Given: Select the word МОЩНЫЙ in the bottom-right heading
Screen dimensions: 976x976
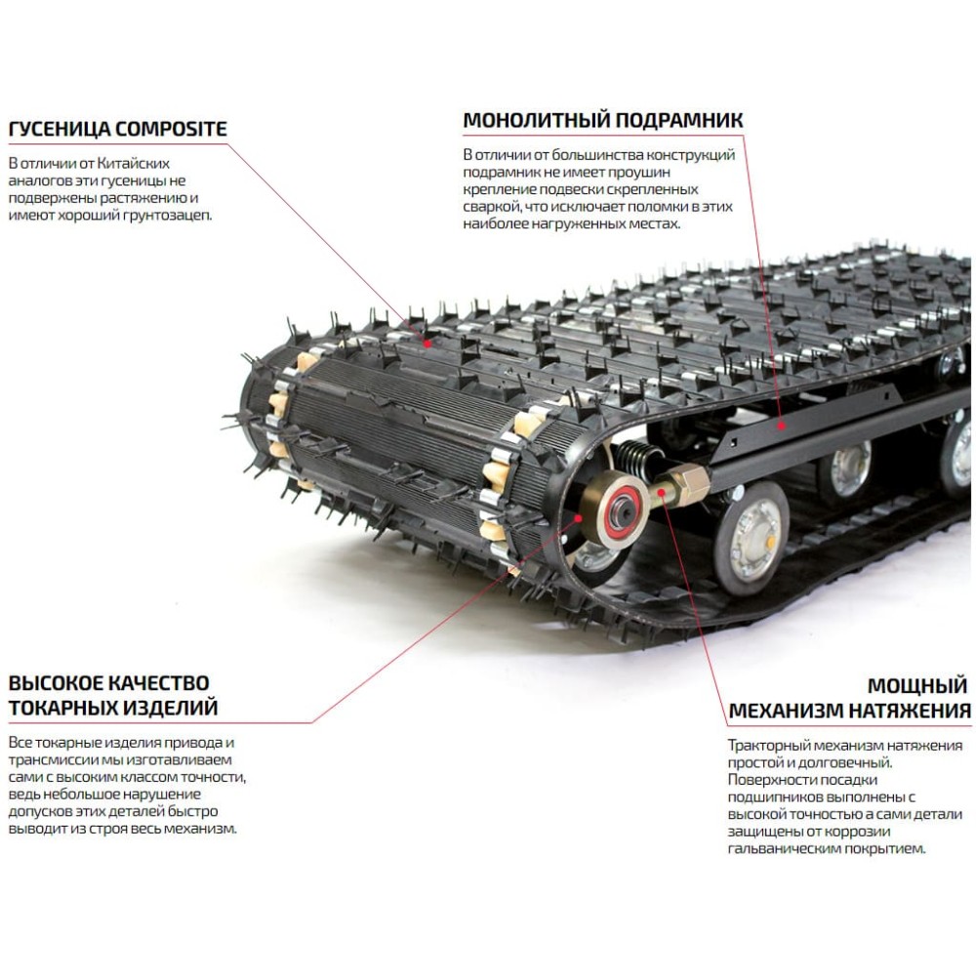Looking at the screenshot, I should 916,684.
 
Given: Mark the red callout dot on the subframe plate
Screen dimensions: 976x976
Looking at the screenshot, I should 780,426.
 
